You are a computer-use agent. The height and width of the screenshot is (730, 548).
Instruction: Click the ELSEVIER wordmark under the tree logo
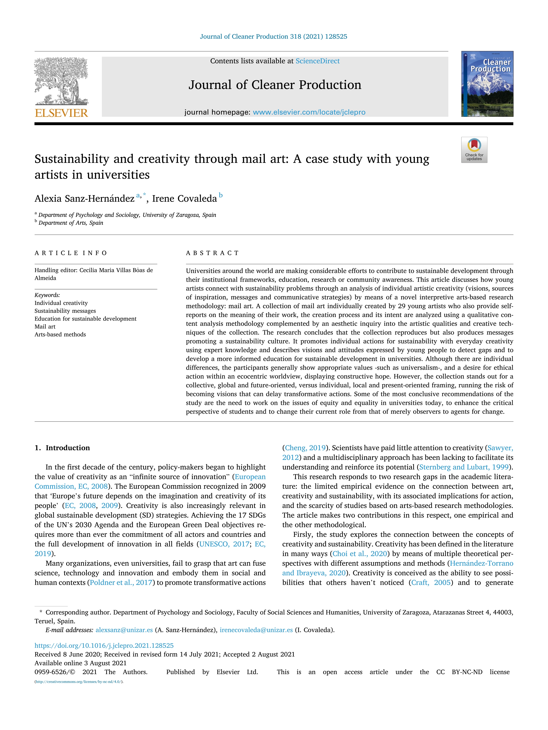coord(61,113)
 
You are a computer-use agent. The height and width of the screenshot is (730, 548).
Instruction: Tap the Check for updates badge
coord(474,150)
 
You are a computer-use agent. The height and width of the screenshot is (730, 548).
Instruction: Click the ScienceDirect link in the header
coord(318,61)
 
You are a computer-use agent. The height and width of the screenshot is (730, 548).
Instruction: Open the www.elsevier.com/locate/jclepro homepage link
coord(309,112)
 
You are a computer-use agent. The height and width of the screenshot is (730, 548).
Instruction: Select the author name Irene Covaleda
coord(184,199)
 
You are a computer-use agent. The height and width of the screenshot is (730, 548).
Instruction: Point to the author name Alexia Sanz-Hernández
coord(85,199)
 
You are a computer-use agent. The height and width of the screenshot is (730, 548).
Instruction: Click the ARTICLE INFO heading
coord(71,253)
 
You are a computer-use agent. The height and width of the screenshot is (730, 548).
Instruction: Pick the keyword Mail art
coord(45,326)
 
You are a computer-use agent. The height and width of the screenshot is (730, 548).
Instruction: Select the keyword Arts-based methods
coord(60,334)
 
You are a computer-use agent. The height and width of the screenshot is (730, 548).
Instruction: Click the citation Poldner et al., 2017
coord(121,583)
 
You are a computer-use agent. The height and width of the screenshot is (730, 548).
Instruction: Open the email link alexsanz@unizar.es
coord(124,630)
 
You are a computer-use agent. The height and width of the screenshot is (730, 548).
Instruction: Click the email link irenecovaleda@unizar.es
coord(256,630)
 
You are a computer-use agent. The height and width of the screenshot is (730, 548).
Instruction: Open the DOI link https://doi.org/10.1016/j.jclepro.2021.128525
coord(104,645)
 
